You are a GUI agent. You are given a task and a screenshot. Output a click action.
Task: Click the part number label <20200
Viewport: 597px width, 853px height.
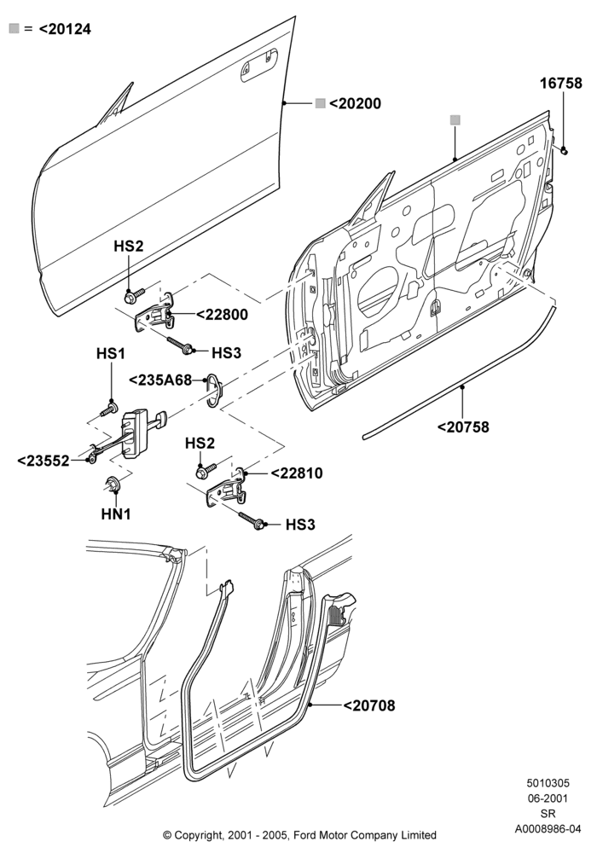[355, 103]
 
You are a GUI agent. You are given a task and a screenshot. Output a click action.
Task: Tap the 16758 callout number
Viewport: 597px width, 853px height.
[560, 84]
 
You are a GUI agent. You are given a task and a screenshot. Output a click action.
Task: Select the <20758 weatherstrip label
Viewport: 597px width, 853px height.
[463, 427]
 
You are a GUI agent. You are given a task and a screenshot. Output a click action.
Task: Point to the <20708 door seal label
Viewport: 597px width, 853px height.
[369, 705]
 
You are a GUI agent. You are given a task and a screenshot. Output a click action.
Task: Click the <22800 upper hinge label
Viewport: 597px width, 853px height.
[222, 315]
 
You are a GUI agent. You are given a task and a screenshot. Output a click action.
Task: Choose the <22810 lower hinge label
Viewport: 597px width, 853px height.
[296, 473]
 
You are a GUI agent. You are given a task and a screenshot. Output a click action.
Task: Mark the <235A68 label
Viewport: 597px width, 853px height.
[160, 380]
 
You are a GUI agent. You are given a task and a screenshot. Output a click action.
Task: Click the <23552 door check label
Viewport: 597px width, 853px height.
[43, 461]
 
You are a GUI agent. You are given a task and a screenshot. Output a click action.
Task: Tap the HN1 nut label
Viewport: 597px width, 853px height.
[116, 514]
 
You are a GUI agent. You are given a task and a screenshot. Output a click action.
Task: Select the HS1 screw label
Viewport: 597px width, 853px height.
[111, 353]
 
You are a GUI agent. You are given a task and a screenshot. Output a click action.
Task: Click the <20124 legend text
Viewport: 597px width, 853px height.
[65, 29]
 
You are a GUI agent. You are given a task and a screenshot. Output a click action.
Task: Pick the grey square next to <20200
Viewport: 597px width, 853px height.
[321, 103]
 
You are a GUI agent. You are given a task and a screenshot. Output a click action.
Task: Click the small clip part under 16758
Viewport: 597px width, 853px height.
[564, 151]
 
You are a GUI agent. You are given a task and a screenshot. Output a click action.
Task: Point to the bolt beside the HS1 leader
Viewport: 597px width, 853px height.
[109, 409]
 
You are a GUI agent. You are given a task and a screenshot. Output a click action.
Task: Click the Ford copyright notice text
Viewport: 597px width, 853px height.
[299, 834]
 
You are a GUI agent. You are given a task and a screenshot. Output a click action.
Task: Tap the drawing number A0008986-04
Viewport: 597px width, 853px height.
[548, 829]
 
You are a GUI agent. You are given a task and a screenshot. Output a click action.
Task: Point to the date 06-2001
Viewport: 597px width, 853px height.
[548, 798]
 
